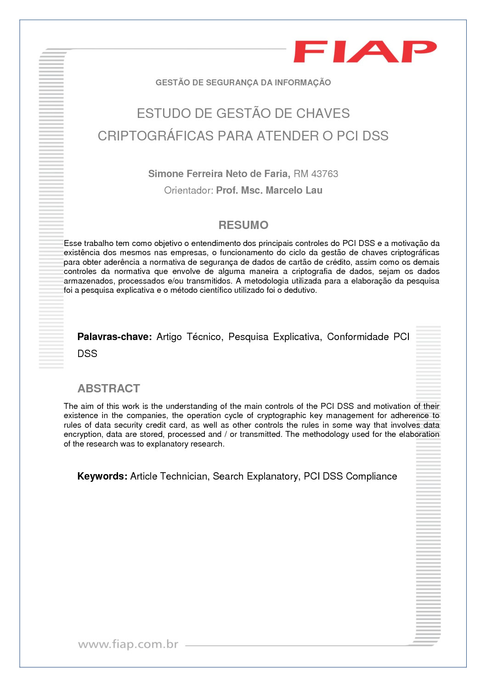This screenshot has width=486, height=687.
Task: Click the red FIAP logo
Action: (x=365, y=52)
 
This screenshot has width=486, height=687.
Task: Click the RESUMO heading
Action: (x=243, y=225)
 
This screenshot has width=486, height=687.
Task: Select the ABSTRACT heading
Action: (x=108, y=388)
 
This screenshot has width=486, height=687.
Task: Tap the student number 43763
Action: (x=325, y=174)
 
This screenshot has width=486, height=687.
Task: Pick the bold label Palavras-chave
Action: (x=114, y=337)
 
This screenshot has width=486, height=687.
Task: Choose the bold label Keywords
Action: (x=102, y=476)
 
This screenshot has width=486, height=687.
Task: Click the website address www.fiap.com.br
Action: (x=128, y=644)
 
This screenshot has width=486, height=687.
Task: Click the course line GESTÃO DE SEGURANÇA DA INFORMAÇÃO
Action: (x=243, y=83)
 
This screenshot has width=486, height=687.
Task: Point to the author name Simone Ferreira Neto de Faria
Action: (x=219, y=174)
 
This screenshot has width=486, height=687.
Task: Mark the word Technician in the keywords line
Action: (x=184, y=476)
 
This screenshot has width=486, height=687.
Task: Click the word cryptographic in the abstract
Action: (x=281, y=415)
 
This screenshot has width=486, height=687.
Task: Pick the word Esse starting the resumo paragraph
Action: (x=73, y=243)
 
